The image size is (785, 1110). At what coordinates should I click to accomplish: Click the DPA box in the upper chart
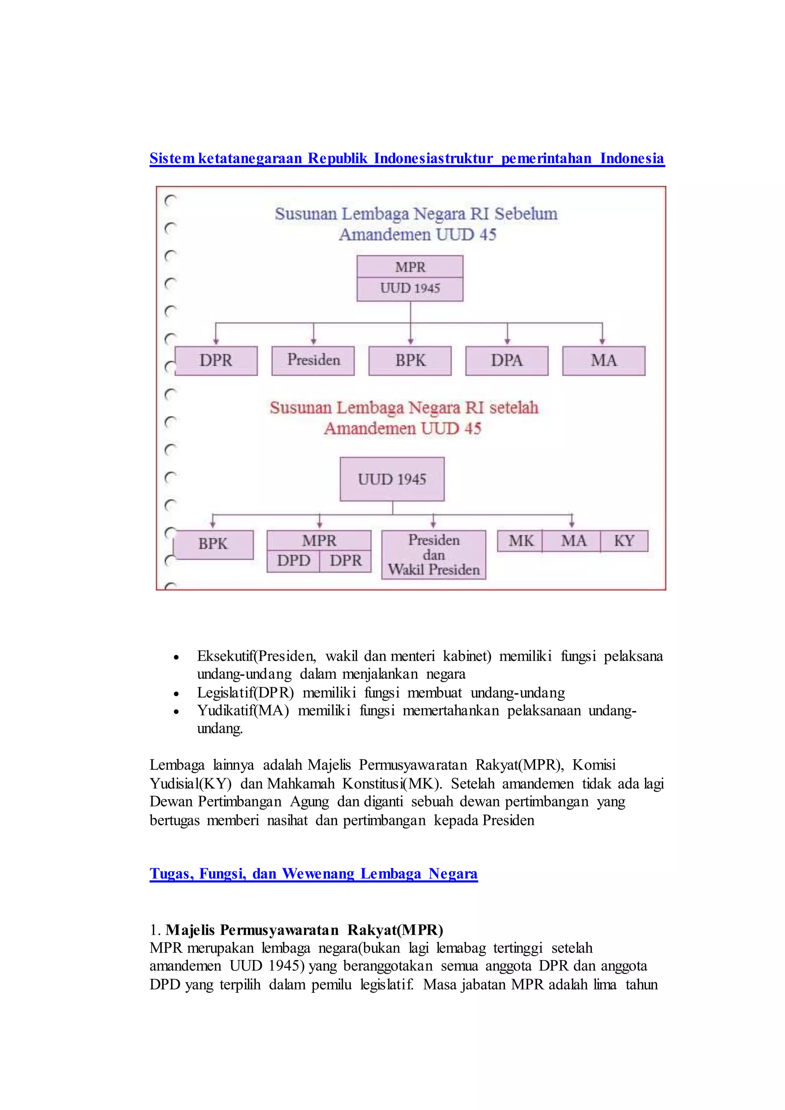(x=507, y=361)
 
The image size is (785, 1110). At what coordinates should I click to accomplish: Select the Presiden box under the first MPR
(x=313, y=361)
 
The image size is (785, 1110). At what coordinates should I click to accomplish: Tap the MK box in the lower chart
(x=521, y=541)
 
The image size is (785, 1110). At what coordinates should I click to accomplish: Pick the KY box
(x=624, y=541)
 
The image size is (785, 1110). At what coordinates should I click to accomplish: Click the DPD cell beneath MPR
(x=293, y=561)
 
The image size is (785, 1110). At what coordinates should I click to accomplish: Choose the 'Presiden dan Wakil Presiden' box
(x=434, y=555)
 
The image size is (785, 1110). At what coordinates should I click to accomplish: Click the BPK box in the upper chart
(x=410, y=361)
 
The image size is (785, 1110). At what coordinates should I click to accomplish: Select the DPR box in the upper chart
(x=216, y=361)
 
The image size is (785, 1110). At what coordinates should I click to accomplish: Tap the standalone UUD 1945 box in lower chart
(x=392, y=479)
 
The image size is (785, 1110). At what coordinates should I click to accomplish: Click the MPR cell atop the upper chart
(x=410, y=267)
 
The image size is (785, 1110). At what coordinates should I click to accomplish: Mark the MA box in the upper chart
(x=604, y=361)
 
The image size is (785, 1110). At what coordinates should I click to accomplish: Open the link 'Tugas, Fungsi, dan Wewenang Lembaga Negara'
(x=314, y=874)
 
